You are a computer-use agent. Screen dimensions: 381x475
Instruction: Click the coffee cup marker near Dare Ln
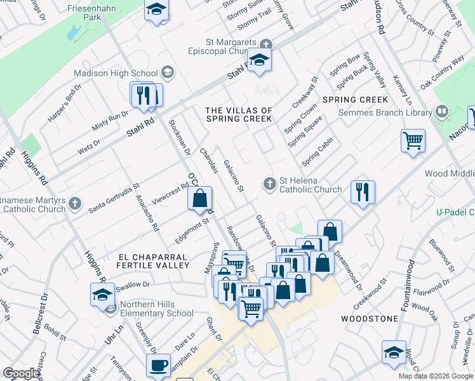158,365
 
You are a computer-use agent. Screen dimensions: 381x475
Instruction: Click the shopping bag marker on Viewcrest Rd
200,198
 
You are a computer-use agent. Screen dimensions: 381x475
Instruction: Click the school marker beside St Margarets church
258,60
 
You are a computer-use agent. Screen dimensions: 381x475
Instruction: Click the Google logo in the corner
21,373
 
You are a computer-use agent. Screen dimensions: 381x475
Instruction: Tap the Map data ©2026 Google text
436,376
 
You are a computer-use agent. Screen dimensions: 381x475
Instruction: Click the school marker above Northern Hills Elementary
102,295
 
